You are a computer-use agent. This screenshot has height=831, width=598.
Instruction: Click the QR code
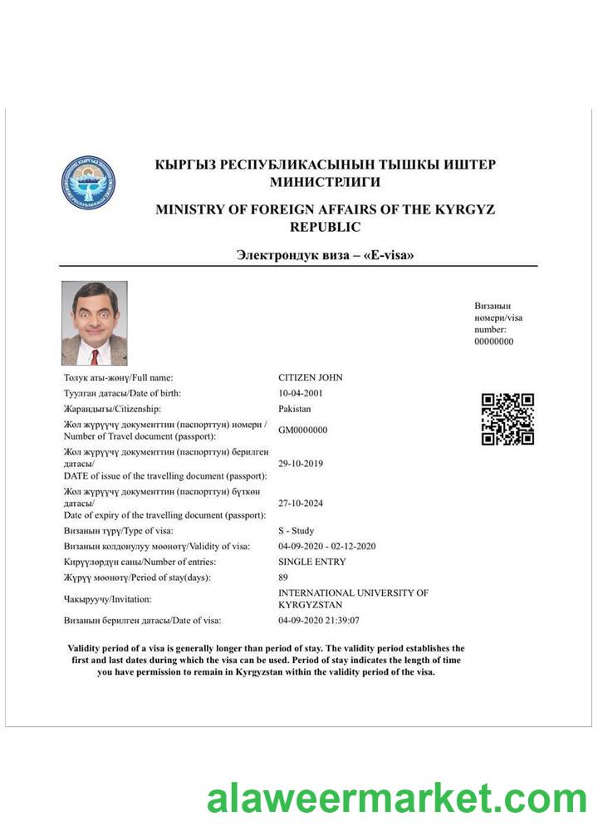point(507,419)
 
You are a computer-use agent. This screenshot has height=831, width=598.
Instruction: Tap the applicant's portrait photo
point(95,323)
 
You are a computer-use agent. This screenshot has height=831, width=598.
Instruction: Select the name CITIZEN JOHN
point(311,378)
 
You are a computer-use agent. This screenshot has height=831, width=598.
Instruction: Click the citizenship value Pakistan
point(295,409)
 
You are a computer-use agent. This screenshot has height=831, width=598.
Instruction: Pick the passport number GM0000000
point(303,430)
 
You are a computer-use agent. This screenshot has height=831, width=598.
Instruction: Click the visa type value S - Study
point(297,531)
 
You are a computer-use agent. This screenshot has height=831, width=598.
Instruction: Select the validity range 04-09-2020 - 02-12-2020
point(327,546)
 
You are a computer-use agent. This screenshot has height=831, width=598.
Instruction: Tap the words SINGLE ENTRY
point(312,562)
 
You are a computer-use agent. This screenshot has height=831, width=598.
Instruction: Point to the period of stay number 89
point(283,578)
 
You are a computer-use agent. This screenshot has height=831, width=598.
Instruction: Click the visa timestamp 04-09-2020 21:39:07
point(319,620)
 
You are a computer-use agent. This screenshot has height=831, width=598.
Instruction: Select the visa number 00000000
point(494,342)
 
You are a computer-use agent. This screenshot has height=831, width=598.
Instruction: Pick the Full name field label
point(119,378)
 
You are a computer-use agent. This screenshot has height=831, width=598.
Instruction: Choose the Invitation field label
point(108,599)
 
